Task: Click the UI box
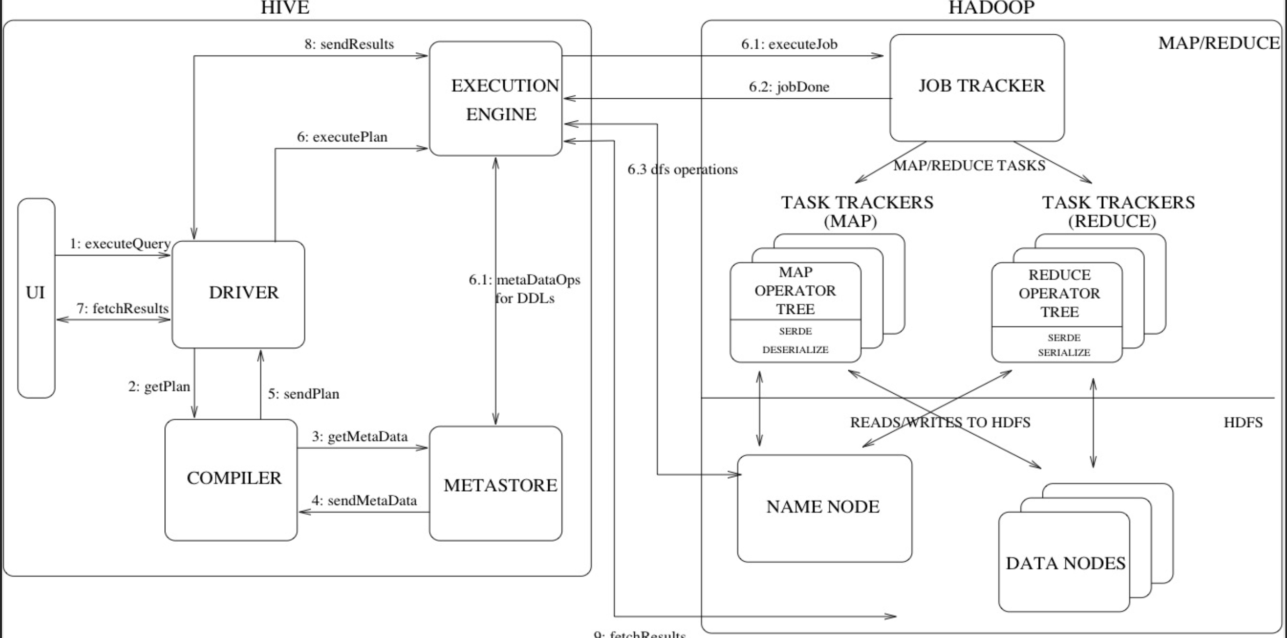[36, 298]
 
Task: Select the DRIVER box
[239, 294]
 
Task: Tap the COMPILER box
[231, 480]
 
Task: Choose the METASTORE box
[496, 483]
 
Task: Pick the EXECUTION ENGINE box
[496, 99]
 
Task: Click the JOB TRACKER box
[977, 88]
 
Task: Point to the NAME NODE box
[824, 508]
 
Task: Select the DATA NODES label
[1065, 563]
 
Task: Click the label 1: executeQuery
[120, 244]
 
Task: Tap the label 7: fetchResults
[122, 309]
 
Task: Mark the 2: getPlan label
[159, 387]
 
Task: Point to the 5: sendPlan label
[304, 394]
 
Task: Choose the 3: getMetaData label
[360, 437]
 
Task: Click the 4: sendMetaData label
[364, 501]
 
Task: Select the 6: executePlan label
[342, 137]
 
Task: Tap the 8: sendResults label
[349, 45]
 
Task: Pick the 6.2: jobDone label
[789, 87]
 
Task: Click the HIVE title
[285, 8]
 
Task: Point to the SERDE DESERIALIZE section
[796, 341]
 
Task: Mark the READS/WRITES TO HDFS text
[940, 422]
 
